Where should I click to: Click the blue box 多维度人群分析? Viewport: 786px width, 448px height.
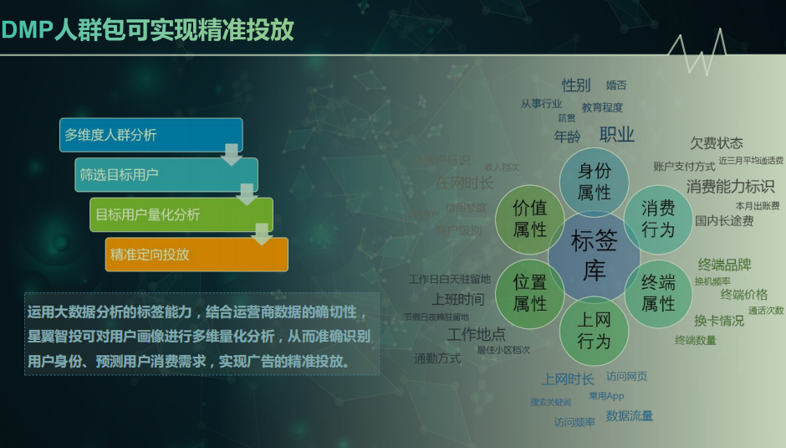coord(151,135)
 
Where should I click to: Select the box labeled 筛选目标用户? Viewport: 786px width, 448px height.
coord(166,175)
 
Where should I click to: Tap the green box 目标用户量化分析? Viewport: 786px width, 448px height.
coord(181,214)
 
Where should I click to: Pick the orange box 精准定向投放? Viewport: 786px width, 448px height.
coord(196,255)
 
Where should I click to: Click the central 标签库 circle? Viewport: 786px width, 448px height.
coord(595,255)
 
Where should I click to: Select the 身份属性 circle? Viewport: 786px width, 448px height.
coord(595,181)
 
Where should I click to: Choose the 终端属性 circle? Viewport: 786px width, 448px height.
coord(658,292)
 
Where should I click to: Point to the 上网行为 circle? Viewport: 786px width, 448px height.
coord(595,330)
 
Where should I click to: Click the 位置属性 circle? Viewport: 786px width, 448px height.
coord(530,292)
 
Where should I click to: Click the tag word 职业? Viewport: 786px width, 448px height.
coord(617,135)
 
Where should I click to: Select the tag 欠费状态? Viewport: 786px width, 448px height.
coord(716,143)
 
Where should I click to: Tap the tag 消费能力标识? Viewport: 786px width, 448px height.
coord(730,186)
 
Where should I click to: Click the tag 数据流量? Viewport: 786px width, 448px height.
coord(630,415)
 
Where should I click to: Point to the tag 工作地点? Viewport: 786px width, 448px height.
coord(476,334)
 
